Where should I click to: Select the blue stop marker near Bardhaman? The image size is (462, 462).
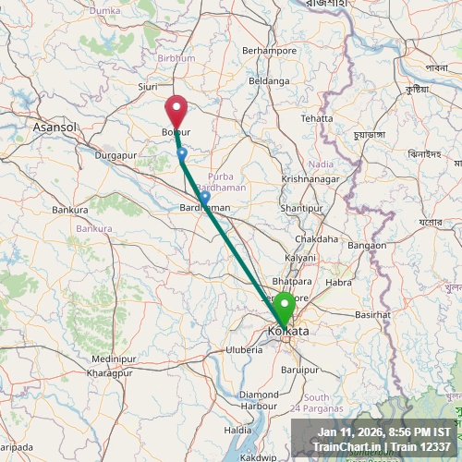pyautogui.click(x=204, y=197)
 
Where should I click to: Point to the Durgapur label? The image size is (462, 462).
pyautogui.click(x=115, y=155)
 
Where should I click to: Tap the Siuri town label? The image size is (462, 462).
pyautogui.click(x=148, y=88)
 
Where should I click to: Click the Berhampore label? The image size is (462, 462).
pyautogui.click(x=269, y=50)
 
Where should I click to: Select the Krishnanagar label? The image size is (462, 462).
pyautogui.click(x=311, y=178)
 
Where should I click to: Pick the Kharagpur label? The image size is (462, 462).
pyautogui.click(x=110, y=373)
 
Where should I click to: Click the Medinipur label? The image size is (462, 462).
pyautogui.click(x=113, y=358)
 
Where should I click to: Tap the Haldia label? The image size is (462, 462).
pyautogui.click(x=238, y=430)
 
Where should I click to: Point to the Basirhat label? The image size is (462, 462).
pyautogui.click(x=373, y=315)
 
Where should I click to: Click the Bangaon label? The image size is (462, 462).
pyautogui.click(x=367, y=245)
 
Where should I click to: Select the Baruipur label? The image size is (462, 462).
pyautogui.click(x=301, y=369)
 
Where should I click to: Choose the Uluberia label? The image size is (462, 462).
pyautogui.click(x=244, y=349)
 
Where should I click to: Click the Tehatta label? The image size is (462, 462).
pyautogui.click(x=316, y=118)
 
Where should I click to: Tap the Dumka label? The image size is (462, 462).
pyautogui.click(x=105, y=9)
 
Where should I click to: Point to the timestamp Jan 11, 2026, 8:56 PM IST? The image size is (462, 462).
pyautogui.click(x=383, y=432)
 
